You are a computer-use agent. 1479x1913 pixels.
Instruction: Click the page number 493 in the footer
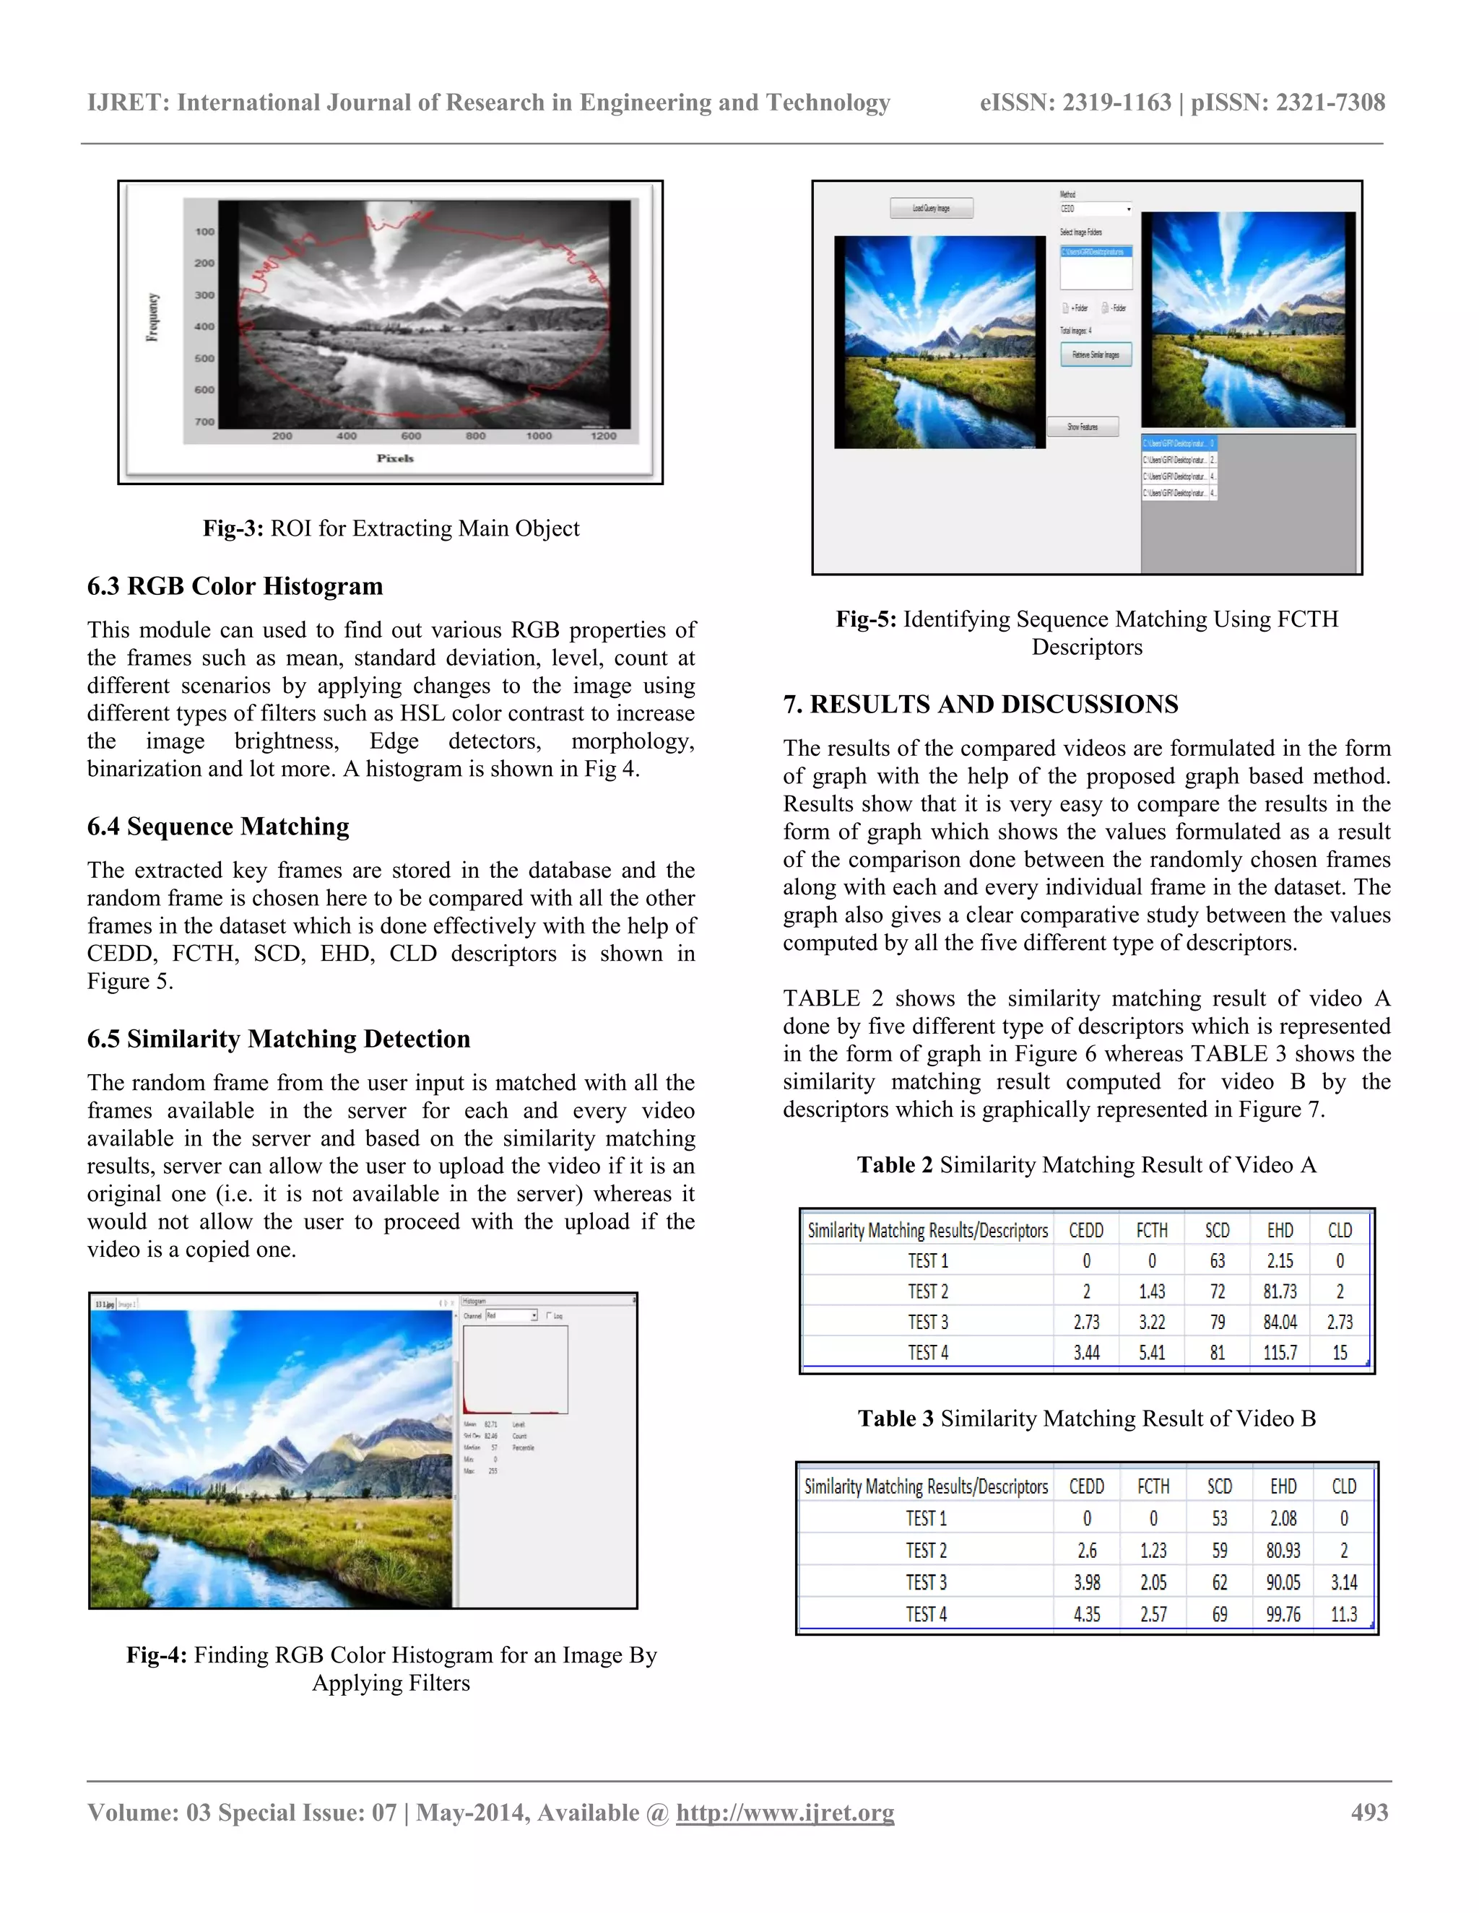click(x=1369, y=1812)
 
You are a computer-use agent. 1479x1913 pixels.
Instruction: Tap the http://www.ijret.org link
click(x=785, y=1812)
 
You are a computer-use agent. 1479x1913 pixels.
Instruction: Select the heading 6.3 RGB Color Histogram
click(x=235, y=586)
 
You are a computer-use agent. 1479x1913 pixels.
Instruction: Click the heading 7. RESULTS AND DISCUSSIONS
click(x=981, y=705)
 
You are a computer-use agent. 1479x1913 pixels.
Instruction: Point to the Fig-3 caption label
click(x=233, y=528)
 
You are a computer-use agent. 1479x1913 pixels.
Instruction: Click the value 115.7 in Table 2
click(x=1280, y=1352)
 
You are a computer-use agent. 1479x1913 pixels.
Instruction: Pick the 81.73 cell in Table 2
click(x=1280, y=1291)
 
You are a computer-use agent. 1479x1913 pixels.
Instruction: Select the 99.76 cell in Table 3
click(x=1283, y=1613)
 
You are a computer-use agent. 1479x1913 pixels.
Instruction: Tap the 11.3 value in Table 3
click(x=1343, y=1613)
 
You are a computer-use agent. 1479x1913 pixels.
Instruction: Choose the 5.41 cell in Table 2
click(x=1151, y=1352)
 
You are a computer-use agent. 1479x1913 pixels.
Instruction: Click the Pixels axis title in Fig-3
click(x=395, y=458)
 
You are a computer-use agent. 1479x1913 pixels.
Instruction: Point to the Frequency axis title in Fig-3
click(x=153, y=317)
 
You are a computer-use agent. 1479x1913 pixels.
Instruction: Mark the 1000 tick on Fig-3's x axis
click(x=539, y=436)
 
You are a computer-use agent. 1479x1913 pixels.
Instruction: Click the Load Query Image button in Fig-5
click(x=932, y=209)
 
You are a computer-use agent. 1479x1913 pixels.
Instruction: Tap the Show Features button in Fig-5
click(x=1083, y=427)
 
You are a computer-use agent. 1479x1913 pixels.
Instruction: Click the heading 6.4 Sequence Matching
click(x=218, y=826)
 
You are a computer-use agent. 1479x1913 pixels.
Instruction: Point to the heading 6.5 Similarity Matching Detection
click(x=279, y=1039)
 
